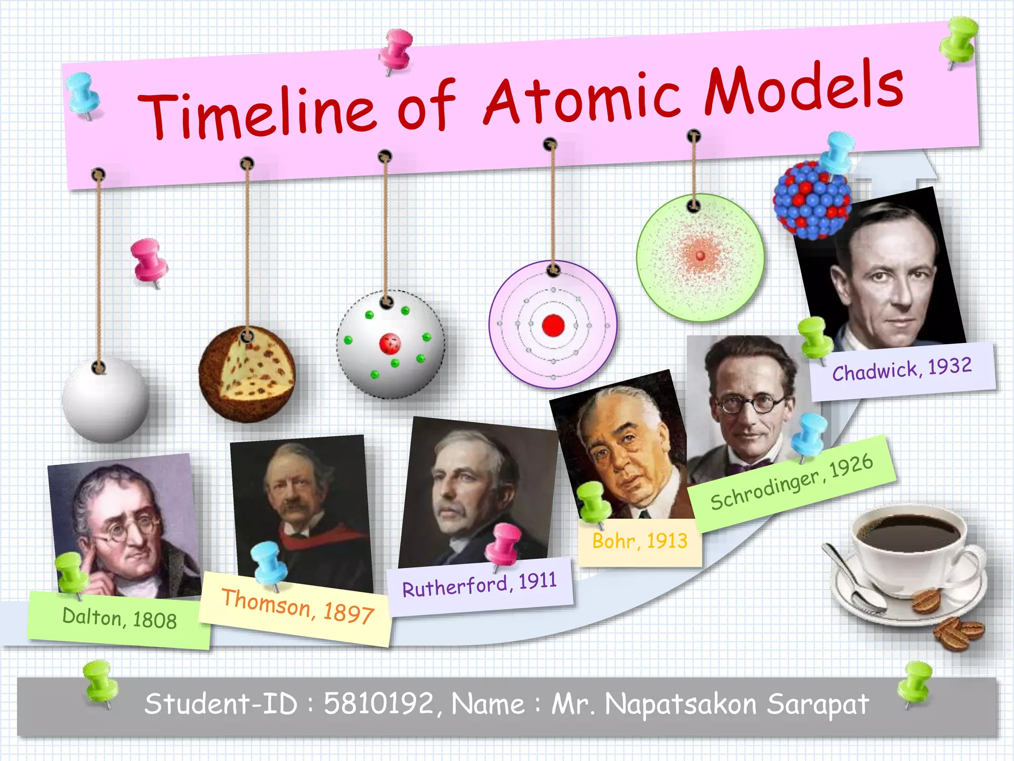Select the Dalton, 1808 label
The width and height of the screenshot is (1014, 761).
pyautogui.click(x=119, y=619)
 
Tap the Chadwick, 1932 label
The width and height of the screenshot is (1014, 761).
pyautogui.click(x=902, y=370)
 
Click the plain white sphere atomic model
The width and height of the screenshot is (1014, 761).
pyautogui.click(x=105, y=399)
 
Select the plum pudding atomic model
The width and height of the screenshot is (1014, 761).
pyautogui.click(x=247, y=374)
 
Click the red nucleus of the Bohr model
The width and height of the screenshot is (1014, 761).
pyautogui.click(x=553, y=326)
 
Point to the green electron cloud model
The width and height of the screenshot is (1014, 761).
pyautogui.click(x=700, y=258)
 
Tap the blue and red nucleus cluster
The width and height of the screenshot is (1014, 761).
pyautogui.click(x=812, y=201)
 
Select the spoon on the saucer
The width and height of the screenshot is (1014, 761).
pyautogui.click(x=857, y=580)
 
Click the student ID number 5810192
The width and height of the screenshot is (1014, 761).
pyautogui.click(x=379, y=704)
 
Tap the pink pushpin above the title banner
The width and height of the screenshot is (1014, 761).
pyautogui.click(x=397, y=50)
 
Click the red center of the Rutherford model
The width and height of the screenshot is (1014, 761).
pyautogui.click(x=390, y=343)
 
